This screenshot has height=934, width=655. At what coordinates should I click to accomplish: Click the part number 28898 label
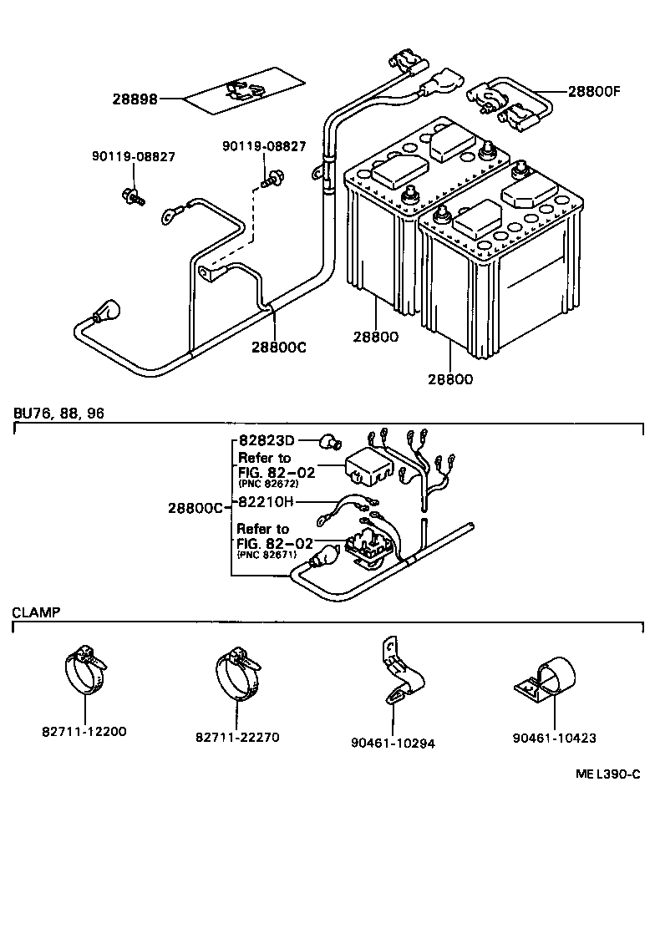pos(135,99)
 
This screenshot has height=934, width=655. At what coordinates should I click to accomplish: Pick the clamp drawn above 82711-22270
pos(236,669)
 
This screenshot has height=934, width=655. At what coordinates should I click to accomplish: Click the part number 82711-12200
pos(84,732)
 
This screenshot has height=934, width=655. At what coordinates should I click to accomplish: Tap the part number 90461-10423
pos(555,738)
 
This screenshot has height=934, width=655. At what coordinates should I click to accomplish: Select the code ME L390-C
pos(607,774)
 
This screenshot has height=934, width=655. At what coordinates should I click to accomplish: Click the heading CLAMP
pos(36,612)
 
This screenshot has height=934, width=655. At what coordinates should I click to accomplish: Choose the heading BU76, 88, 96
pos(58,413)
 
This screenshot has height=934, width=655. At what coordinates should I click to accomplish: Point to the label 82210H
pos(266,502)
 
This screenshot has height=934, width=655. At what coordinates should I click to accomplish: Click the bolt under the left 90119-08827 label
pos(131,196)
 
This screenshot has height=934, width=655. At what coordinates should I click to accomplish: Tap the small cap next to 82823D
pos(331,440)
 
